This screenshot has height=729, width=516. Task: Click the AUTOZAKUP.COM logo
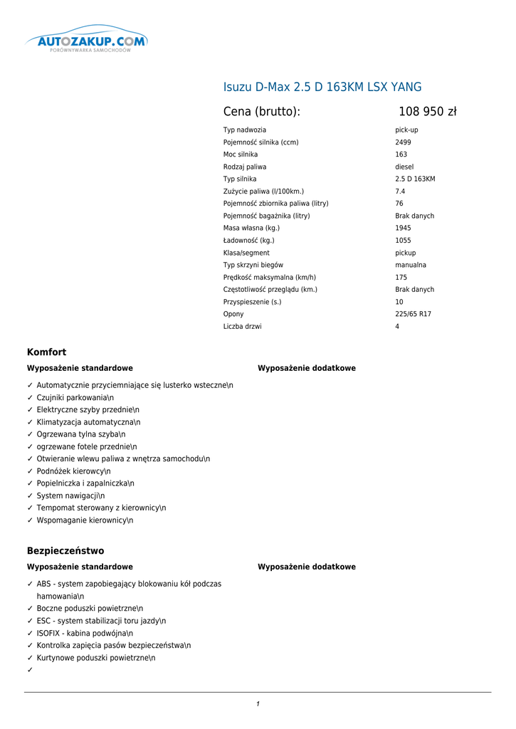(x=87, y=43)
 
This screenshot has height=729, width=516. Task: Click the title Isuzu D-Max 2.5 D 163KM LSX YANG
(x=322, y=88)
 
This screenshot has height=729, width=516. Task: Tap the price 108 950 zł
(x=427, y=112)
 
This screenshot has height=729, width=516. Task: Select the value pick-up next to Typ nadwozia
(x=406, y=130)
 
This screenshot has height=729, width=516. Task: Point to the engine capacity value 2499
(x=403, y=142)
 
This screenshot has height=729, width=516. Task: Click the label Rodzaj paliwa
(x=245, y=167)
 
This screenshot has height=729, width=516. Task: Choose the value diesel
(x=404, y=167)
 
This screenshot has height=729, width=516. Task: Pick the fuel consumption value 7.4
(x=400, y=192)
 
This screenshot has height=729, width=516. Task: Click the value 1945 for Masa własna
(x=403, y=229)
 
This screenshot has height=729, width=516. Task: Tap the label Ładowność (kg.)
(x=248, y=241)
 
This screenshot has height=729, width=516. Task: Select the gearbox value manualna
(x=411, y=266)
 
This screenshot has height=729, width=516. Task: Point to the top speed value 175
(x=401, y=278)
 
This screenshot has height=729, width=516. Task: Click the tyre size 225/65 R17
(x=413, y=315)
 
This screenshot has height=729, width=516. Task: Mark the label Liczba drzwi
(x=242, y=327)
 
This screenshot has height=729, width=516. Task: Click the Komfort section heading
(x=46, y=352)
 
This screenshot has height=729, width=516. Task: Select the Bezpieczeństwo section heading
(x=65, y=551)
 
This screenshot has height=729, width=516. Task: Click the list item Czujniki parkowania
(x=75, y=398)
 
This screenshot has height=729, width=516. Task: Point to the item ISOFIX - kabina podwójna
(x=85, y=634)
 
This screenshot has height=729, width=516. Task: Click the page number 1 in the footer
(x=258, y=705)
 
